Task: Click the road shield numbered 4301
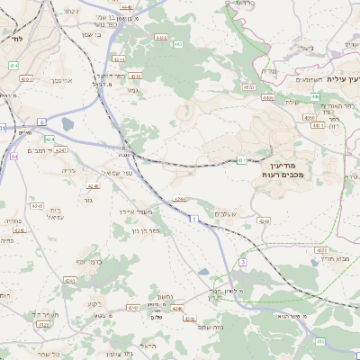point(25,79)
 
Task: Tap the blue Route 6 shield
point(41,121)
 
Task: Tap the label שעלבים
point(226,213)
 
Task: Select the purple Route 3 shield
point(241,262)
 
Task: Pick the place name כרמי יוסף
point(85,261)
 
